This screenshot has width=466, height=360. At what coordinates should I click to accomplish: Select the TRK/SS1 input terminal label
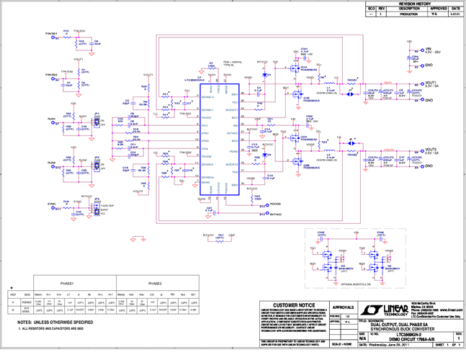tap(51, 33)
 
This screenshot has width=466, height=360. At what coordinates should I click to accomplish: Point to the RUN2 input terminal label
tap(51, 163)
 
